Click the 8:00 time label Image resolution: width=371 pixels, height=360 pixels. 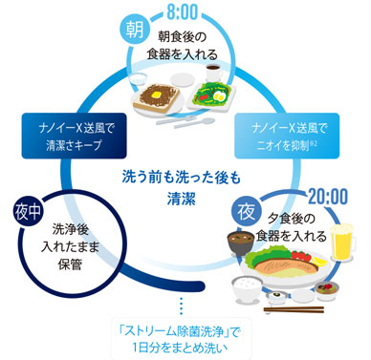(181, 16)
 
